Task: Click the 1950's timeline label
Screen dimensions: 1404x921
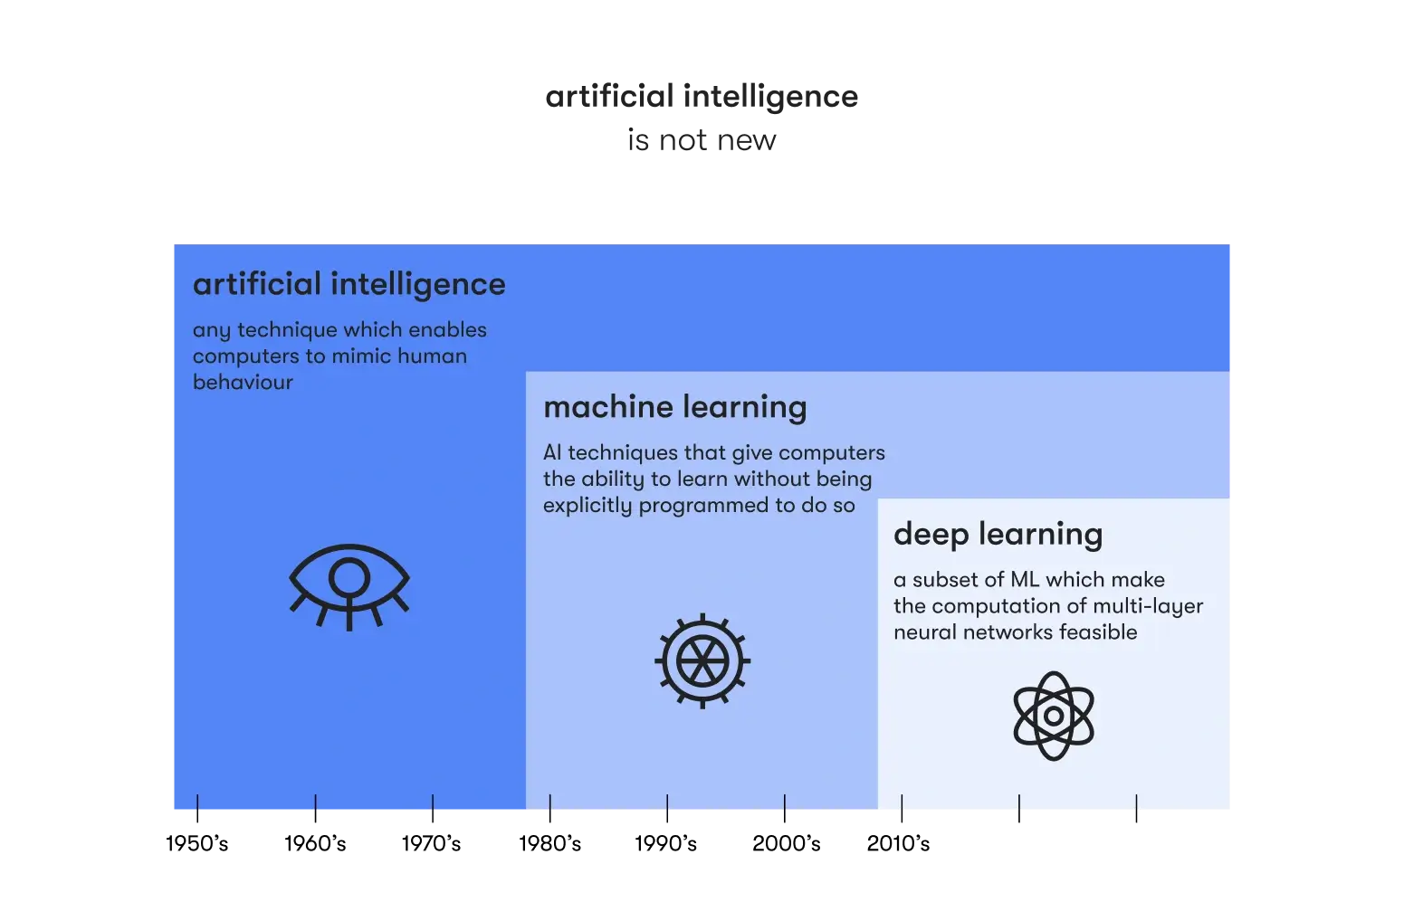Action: pyautogui.click(x=196, y=843)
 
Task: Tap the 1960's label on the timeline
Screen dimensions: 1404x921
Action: pyautogui.click(x=315, y=843)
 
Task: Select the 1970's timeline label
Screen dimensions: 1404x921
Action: pyautogui.click(x=431, y=843)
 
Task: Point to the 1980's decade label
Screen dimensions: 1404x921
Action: pyautogui.click(x=549, y=843)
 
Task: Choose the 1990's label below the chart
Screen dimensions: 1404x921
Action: pyautogui.click(x=665, y=843)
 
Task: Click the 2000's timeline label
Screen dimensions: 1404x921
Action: pyautogui.click(x=786, y=843)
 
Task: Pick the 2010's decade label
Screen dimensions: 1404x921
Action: pyautogui.click(x=898, y=843)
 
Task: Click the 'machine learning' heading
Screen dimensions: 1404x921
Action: pyautogui.click(x=675, y=408)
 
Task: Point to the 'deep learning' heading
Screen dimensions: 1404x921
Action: pyautogui.click(x=998, y=535)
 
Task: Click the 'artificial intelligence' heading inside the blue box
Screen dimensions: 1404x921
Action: pyautogui.click(x=349, y=285)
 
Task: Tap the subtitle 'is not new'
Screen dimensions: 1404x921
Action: pyautogui.click(x=702, y=139)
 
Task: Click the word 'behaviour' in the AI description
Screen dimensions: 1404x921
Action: pyautogui.click(x=243, y=382)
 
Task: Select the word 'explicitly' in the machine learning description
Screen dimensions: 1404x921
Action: pyautogui.click(x=587, y=506)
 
